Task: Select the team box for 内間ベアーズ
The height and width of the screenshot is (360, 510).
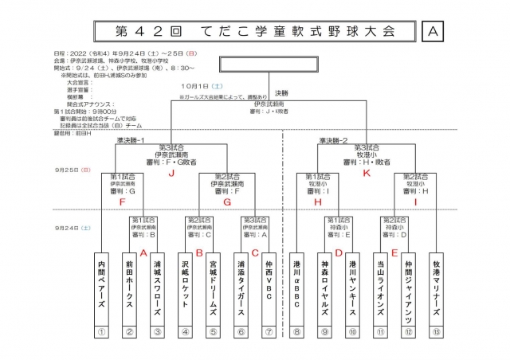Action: (101, 284)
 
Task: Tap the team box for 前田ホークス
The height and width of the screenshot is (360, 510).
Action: (129, 284)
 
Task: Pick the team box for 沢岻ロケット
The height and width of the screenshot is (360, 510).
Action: (185, 284)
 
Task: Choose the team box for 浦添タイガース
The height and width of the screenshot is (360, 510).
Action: (241, 284)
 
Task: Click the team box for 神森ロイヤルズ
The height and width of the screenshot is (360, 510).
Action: (324, 284)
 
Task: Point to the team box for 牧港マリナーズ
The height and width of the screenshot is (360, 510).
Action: (436, 284)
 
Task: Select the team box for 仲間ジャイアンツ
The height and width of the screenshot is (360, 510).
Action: (408, 284)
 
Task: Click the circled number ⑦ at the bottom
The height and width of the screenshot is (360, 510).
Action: (269, 333)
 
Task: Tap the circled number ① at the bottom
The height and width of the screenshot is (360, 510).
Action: (101, 333)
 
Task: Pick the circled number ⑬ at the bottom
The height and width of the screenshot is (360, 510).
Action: (436, 333)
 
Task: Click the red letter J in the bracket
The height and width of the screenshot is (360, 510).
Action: (171, 172)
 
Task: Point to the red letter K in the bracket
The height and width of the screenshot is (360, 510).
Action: (367, 172)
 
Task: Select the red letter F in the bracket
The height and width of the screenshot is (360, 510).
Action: (122, 202)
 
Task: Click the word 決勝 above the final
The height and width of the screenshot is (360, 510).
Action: (282, 93)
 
